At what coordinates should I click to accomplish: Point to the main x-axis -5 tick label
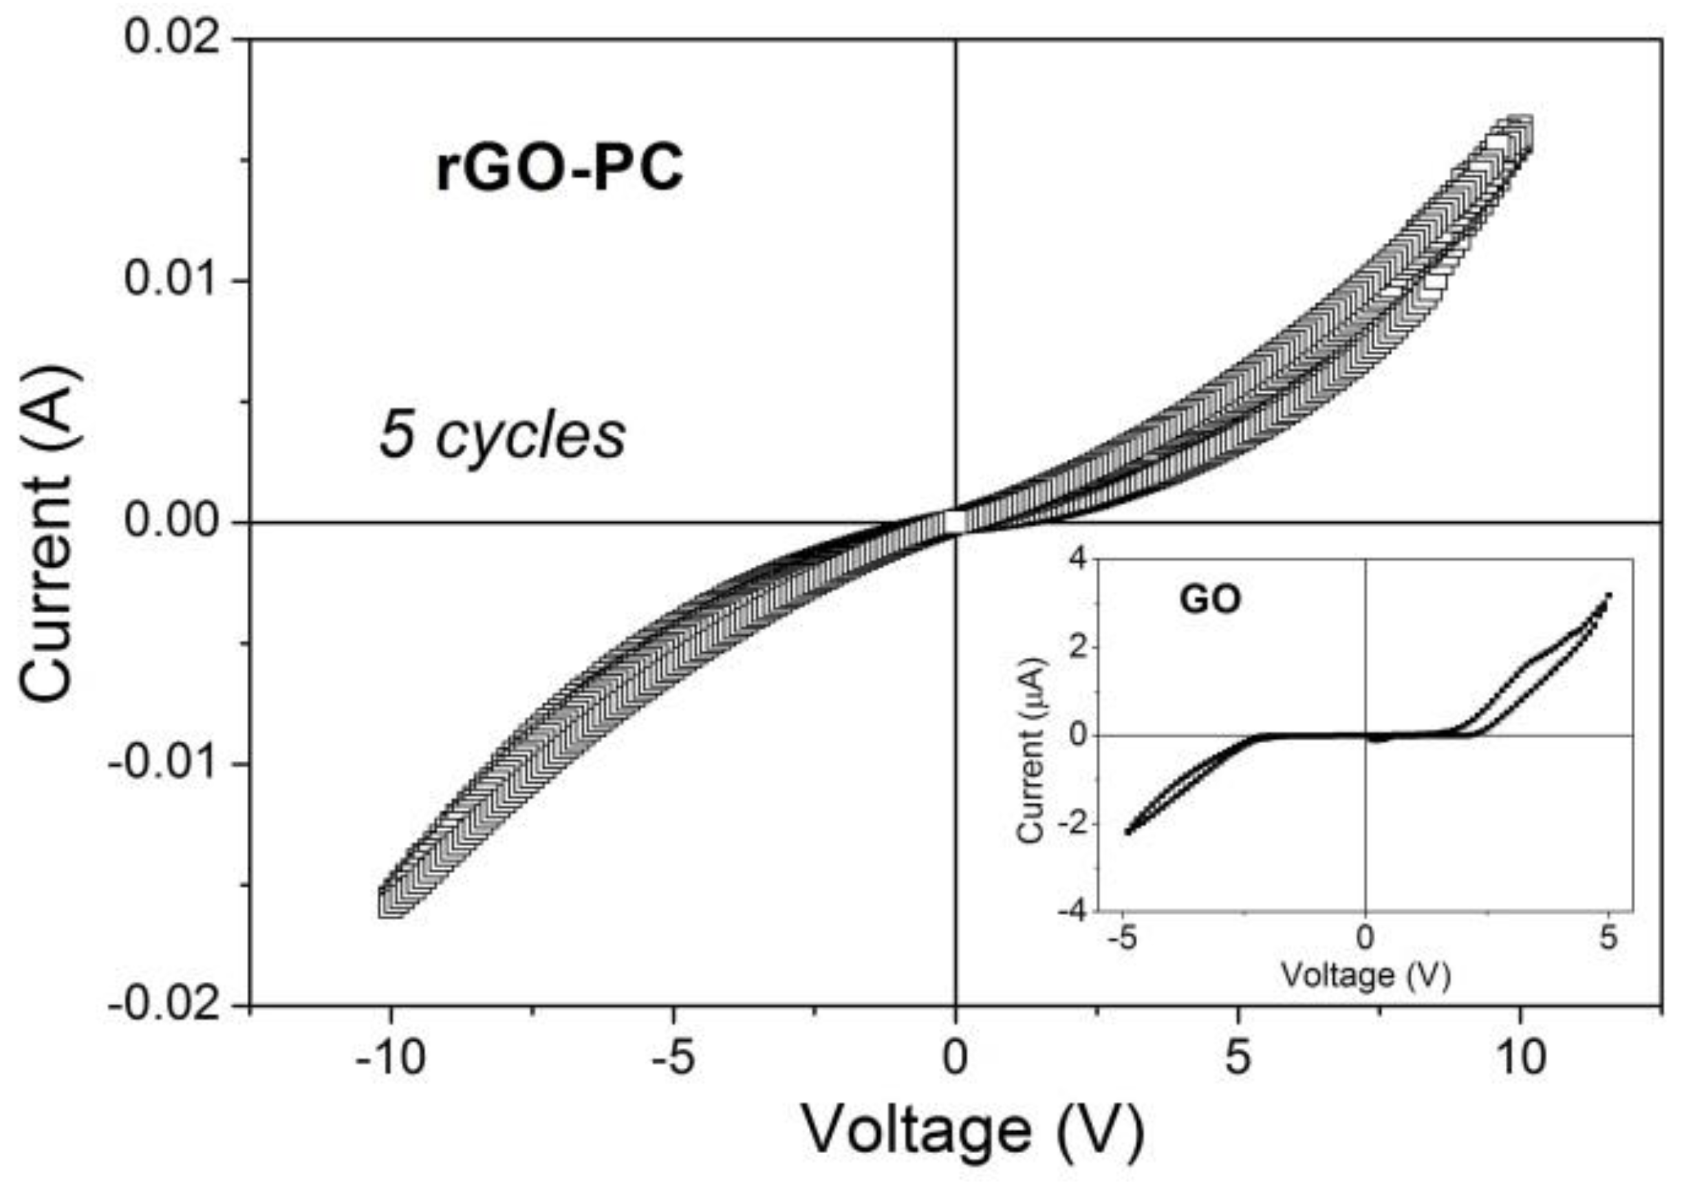point(673,1060)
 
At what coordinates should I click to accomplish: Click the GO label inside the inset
point(1210,600)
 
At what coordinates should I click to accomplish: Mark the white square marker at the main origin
point(954,522)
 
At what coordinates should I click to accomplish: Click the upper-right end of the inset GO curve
point(1608,595)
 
